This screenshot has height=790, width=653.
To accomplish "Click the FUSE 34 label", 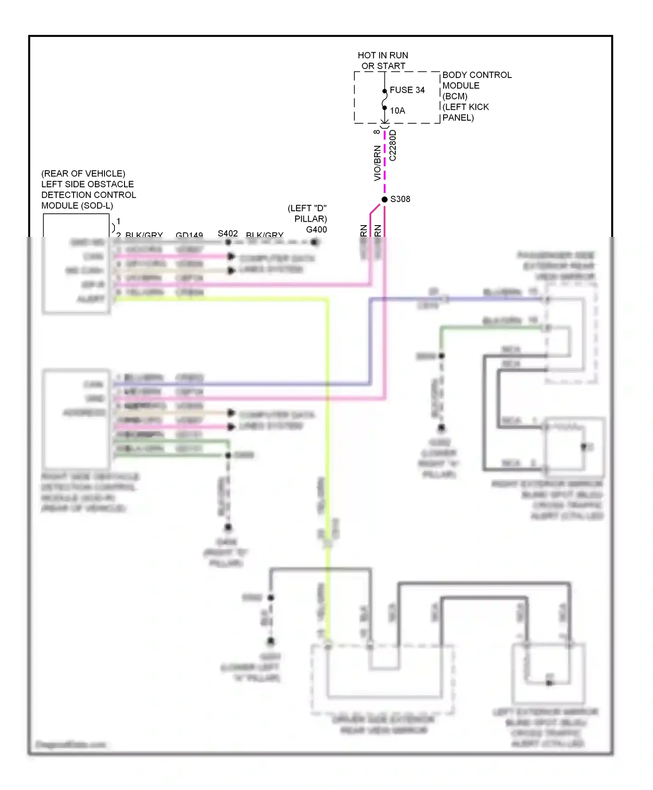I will (407, 90).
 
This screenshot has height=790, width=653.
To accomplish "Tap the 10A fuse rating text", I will (397, 111).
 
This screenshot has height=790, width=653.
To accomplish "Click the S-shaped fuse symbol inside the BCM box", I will (384, 100).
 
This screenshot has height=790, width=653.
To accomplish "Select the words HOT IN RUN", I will (383, 55).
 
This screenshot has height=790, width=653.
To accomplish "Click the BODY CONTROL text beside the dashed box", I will (477, 75).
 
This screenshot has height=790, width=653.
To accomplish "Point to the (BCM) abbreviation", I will (454, 96).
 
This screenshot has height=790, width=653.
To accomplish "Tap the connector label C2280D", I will (393, 145).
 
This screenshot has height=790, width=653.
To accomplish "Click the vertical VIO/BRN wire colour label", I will (377, 163).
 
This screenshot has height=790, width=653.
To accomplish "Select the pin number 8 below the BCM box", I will (377, 132).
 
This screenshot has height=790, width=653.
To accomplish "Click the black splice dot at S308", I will (384, 199).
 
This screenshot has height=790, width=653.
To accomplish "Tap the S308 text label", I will (400, 199).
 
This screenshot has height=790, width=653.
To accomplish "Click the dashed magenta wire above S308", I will (384, 165).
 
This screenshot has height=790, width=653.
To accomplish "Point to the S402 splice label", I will (228, 233).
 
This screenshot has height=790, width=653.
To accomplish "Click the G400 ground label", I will (316, 230).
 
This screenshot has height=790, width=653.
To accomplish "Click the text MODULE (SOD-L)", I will (77, 206).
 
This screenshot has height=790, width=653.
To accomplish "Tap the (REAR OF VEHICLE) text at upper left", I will (83, 173).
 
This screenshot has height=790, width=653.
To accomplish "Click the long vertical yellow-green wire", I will (327, 436).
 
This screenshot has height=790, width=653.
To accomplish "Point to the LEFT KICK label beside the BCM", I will (465, 107).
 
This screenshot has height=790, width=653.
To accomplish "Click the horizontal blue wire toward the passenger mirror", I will (492, 299).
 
